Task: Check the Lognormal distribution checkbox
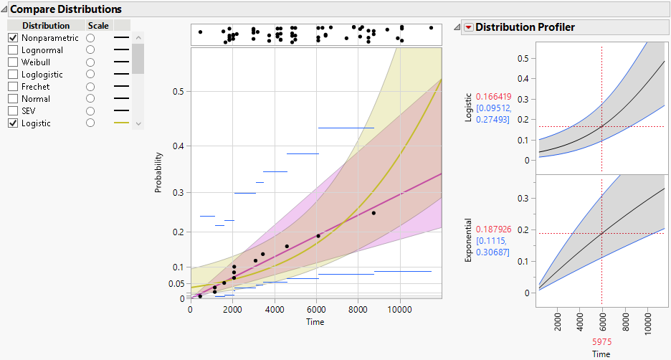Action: [x=13, y=50]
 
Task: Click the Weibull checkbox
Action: [x=13, y=62]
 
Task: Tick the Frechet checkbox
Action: [x=13, y=87]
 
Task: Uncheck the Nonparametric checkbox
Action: [x=13, y=38]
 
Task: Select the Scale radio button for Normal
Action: [x=90, y=99]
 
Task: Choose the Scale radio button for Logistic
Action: [x=90, y=123]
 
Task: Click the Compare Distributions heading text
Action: [x=65, y=9]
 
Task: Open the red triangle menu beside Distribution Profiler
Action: [x=469, y=27]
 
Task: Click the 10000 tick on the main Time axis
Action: [x=399, y=311]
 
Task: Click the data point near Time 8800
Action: [x=373, y=213]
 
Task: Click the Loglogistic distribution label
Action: [x=42, y=75]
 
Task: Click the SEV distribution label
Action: [x=29, y=111]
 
